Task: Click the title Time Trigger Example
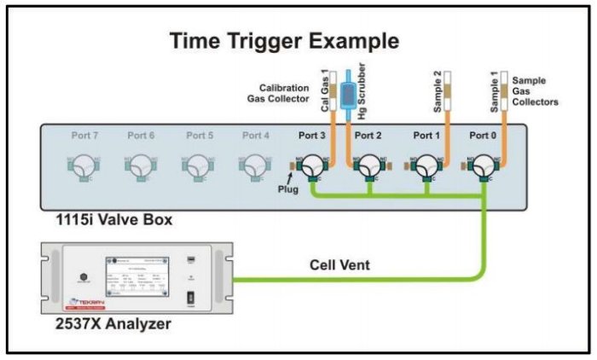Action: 284,40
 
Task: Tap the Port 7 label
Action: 83,135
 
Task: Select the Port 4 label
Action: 255,135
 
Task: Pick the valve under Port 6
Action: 140,164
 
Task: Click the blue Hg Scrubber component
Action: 350,94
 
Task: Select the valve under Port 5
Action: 197,164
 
